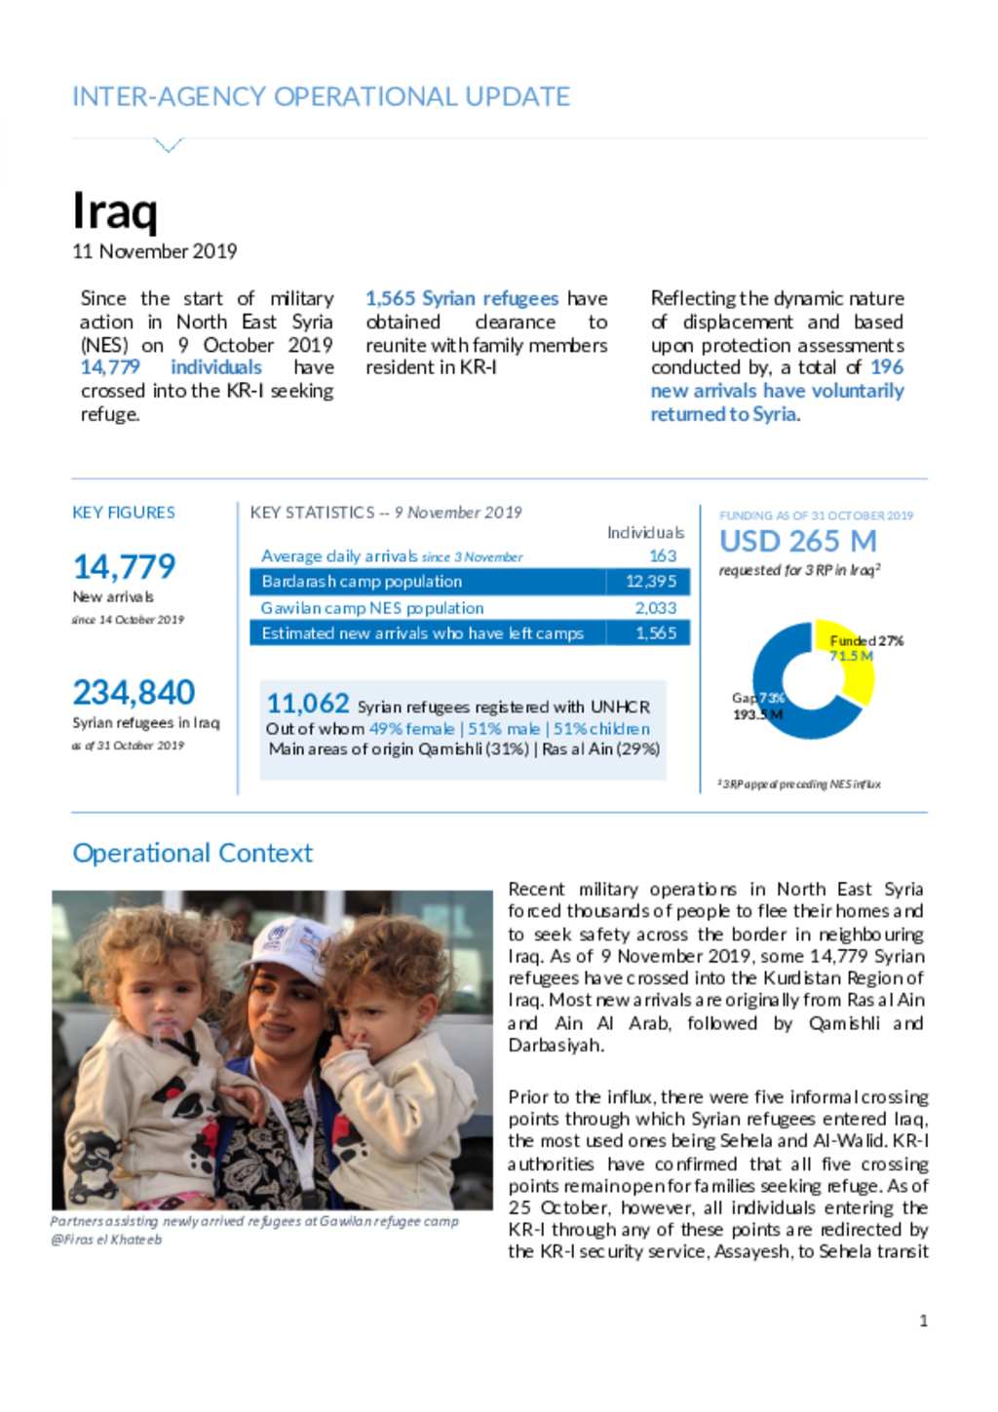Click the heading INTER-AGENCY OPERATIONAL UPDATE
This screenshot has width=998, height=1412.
pos(321,96)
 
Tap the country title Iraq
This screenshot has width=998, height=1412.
pos(115,210)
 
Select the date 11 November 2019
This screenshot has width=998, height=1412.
pos(154,251)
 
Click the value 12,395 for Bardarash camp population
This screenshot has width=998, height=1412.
pos(650,582)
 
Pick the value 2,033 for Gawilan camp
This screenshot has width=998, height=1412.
pos(655,608)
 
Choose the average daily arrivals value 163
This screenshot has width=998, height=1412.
pos(663,555)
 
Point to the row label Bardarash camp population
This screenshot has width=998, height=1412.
pos(362,582)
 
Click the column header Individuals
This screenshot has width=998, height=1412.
pos(645,532)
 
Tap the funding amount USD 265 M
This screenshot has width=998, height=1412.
pos(797,541)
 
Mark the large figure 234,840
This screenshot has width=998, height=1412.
pos(134,692)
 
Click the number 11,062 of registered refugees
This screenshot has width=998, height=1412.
pos(307,703)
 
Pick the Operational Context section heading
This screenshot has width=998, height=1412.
pos(192,853)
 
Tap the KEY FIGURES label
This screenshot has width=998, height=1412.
pos(124,513)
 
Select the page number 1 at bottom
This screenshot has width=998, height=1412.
pos(923,1320)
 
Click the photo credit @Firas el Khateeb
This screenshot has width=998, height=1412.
pos(106,1240)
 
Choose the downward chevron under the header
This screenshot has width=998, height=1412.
pos(169,146)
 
